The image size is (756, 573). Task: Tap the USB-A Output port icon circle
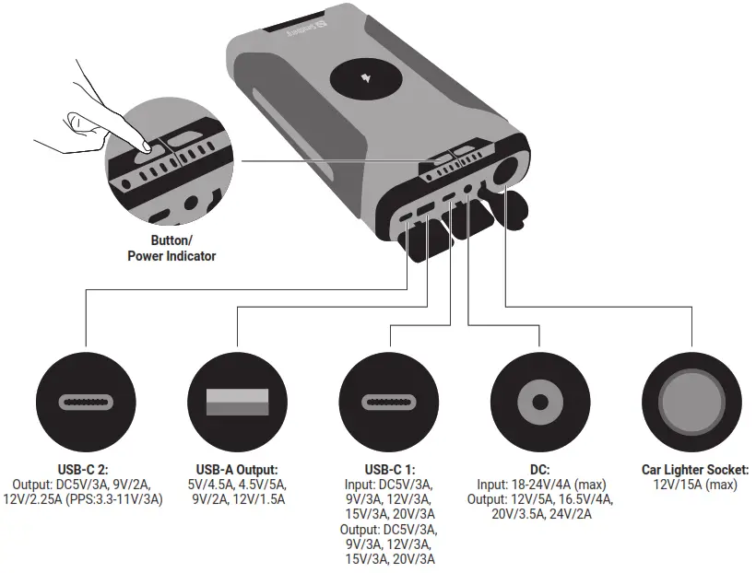[238, 402]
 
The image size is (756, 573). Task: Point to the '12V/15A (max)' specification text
[695, 485]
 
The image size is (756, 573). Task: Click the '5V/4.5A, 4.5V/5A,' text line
[238, 485]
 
